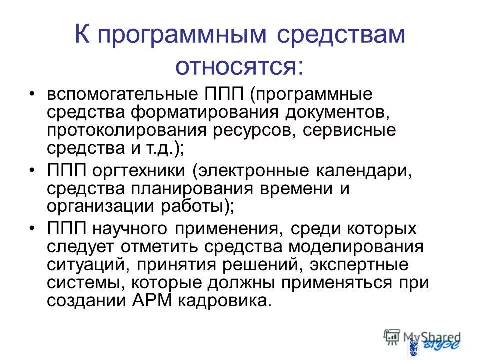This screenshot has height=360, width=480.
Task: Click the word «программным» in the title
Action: [184, 38]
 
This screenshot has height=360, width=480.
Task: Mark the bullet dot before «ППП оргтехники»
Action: [32, 171]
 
